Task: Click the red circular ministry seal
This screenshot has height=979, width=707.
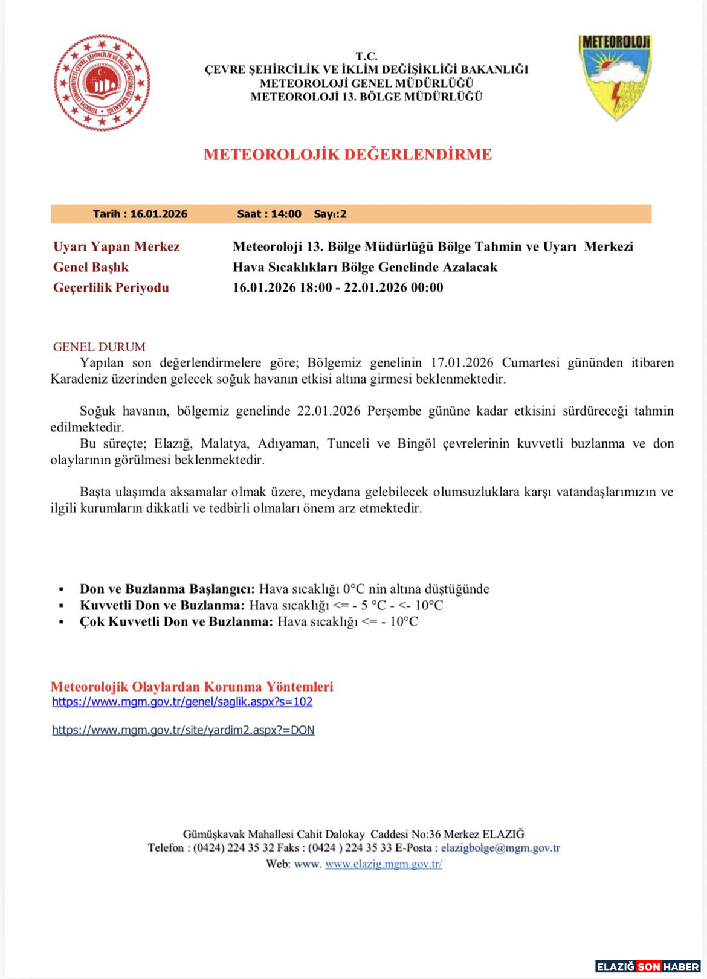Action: point(102,83)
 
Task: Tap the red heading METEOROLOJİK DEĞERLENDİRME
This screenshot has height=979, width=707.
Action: point(347,155)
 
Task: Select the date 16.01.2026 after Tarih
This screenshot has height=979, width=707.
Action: point(158,214)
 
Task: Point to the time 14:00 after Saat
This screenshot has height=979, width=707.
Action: point(286,214)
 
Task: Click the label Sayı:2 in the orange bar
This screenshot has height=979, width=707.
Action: point(330,214)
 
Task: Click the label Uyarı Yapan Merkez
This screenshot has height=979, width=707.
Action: point(117,246)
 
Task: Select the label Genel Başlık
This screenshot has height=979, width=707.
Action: point(91,267)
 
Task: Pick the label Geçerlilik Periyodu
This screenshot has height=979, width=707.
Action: point(111,287)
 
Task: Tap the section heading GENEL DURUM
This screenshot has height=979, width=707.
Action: point(99,347)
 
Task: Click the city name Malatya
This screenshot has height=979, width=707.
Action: point(224,444)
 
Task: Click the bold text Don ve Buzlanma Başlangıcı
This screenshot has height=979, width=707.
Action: point(167,589)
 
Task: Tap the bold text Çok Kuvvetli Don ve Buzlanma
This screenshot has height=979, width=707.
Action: point(176,621)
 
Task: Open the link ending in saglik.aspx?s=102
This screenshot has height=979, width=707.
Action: point(182,702)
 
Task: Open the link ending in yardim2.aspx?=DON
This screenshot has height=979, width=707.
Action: point(183,730)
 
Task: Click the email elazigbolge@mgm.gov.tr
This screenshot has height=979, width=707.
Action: point(500,848)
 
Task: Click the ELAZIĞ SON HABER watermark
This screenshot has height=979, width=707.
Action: point(648,966)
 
